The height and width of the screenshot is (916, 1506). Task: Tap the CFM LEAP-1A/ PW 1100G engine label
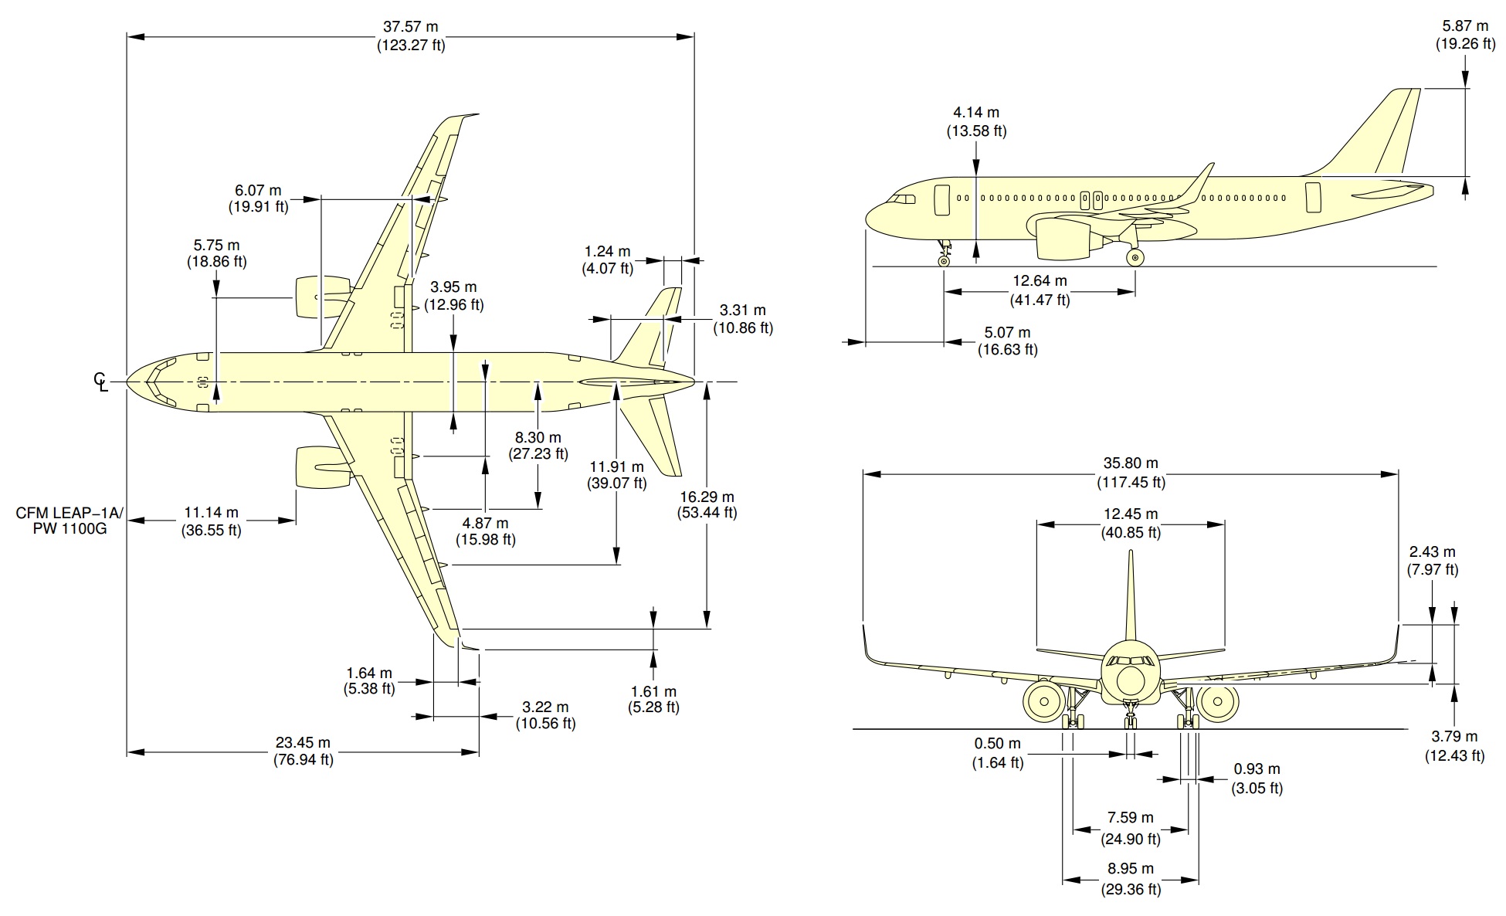69,521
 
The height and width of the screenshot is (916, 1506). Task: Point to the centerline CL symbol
101,381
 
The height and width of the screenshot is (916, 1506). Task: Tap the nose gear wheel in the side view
944,261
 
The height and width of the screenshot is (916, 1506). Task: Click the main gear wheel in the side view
1135,257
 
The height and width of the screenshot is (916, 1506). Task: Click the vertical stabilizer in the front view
1131,595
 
